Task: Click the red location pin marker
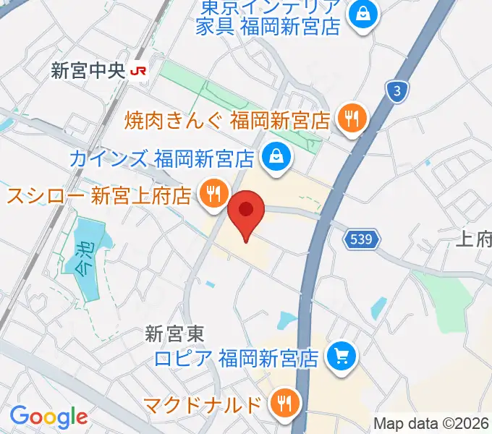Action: click(x=247, y=212)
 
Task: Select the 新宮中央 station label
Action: click(x=88, y=71)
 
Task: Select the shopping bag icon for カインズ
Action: click(x=275, y=156)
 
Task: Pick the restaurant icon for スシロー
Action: click(x=212, y=195)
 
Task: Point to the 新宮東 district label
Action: click(x=175, y=334)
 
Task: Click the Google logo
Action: click(x=48, y=417)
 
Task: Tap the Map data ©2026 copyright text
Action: click(x=431, y=424)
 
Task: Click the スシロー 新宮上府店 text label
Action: click(x=99, y=195)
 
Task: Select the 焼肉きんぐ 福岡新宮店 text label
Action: click(x=227, y=118)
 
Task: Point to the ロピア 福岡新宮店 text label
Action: click(x=237, y=357)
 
